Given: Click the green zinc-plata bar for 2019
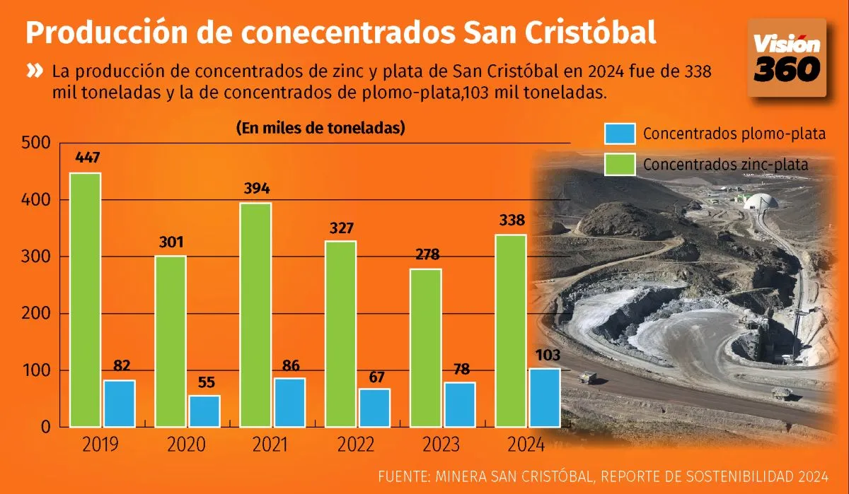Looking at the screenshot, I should tap(85, 300).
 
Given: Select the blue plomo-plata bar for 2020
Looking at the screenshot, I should tap(204, 411).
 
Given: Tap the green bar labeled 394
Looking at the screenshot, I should tap(255, 314).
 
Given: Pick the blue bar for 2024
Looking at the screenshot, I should tap(544, 397).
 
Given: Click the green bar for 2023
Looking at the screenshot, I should tap(425, 347).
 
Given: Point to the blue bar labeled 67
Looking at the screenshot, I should tap(374, 407).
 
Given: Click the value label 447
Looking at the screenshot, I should tap(86, 158).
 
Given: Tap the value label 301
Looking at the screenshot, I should tap(170, 242).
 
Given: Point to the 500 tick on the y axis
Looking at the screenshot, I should tap(36, 143).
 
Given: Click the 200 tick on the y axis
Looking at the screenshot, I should tap(36, 314).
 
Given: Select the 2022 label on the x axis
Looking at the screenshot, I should tap(356, 445).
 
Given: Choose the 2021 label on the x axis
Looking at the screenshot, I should tap(271, 445).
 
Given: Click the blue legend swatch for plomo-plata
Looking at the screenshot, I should tap(619, 134).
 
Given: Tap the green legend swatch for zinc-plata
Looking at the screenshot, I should tap(619, 164).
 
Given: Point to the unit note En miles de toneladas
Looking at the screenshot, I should tap(320, 128).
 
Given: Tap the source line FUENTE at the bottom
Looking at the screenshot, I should tap(603, 475).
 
